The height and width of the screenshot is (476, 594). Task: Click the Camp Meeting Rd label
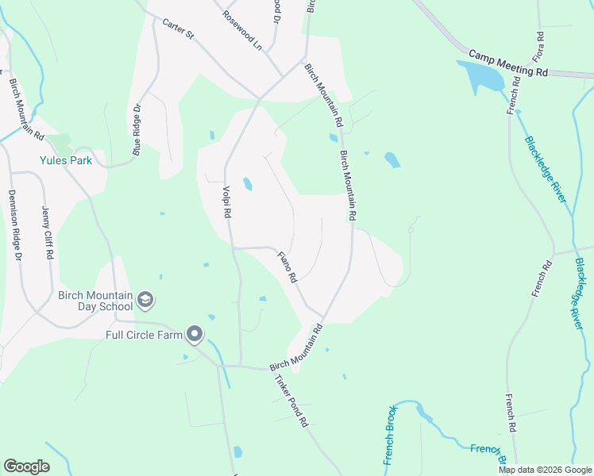click(508, 64)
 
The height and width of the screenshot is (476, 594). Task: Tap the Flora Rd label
click(539, 48)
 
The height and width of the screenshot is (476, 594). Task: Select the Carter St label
click(178, 29)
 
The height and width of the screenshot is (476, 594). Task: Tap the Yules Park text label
click(67, 160)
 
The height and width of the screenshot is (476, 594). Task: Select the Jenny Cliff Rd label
click(45, 231)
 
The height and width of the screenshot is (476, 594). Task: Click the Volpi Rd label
click(226, 202)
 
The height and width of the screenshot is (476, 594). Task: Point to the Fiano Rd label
click(287, 267)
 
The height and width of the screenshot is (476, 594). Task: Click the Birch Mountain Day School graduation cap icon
click(145, 300)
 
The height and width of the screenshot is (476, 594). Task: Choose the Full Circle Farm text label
click(144, 334)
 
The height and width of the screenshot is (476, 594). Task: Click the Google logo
click(26, 466)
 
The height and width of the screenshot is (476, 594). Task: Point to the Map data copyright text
click(545, 470)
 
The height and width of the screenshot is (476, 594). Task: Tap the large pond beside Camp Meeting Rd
click(481, 76)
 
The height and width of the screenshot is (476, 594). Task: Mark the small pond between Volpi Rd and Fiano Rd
click(248, 185)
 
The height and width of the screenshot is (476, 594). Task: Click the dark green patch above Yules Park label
click(60, 144)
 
